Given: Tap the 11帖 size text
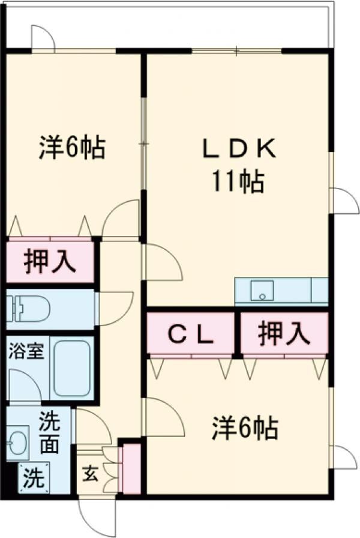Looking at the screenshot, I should [237, 181].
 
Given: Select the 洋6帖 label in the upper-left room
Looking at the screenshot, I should [73, 148].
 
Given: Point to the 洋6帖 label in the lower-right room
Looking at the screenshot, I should [244, 428].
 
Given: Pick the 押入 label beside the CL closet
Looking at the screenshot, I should [284, 334].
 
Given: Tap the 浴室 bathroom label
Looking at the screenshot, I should [26, 351].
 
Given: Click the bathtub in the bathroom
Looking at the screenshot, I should [71, 367].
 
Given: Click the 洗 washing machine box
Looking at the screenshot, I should [34, 478].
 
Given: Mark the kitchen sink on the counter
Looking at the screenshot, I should [262, 292].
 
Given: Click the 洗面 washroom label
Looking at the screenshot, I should [50, 434].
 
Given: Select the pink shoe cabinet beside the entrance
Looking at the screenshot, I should [131, 468].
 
